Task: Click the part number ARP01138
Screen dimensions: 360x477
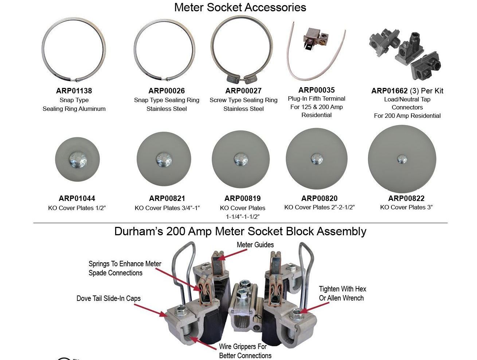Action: coord(74,91)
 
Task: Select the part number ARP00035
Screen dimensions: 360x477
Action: coord(316,90)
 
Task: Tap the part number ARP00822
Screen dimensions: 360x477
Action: coord(406,198)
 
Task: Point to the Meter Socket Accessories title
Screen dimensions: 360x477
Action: coord(240,7)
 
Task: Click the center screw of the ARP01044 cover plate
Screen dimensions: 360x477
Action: coord(78,160)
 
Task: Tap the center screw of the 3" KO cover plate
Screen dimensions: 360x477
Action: coord(402,159)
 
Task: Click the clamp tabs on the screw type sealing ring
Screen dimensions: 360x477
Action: coord(242,79)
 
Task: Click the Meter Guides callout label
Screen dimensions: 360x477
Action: coord(255,245)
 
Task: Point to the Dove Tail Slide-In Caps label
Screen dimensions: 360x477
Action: coord(109,298)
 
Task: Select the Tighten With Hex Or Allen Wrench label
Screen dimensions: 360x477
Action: coord(342,293)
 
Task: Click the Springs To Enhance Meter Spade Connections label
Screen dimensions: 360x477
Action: coord(125,268)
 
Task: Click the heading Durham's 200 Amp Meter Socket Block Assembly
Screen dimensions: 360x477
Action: coord(240,231)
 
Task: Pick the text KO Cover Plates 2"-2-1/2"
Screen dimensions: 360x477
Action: coord(320,207)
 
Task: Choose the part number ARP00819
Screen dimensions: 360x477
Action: coord(242,198)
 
